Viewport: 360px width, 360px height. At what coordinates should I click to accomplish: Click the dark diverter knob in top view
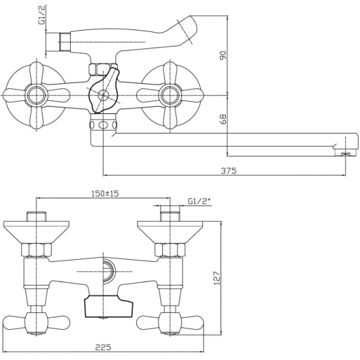pyautogui.click(x=103, y=94)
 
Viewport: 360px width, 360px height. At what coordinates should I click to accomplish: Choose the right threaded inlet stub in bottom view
pyautogui.click(x=170, y=217)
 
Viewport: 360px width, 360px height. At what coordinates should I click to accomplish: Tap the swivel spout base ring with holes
pyautogui.click(x=103, y=126)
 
